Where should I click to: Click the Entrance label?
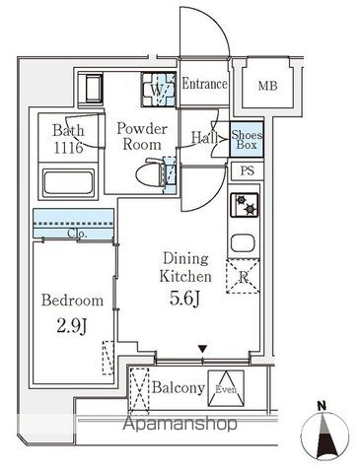pyautogui.click(x=205, y=85)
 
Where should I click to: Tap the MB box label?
pyautogui.click(x=268, y=87)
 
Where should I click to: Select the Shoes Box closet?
pyautogui.click(x=246, y=140)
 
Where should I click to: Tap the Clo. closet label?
pyautogui.click(x=77, y=235)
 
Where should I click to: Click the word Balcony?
pyautogui.click(x=178, y=387)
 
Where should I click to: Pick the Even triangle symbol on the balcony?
pyautogui.click(x=227, y=385)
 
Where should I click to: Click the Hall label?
pyautogui.click(x=205, y=139)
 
